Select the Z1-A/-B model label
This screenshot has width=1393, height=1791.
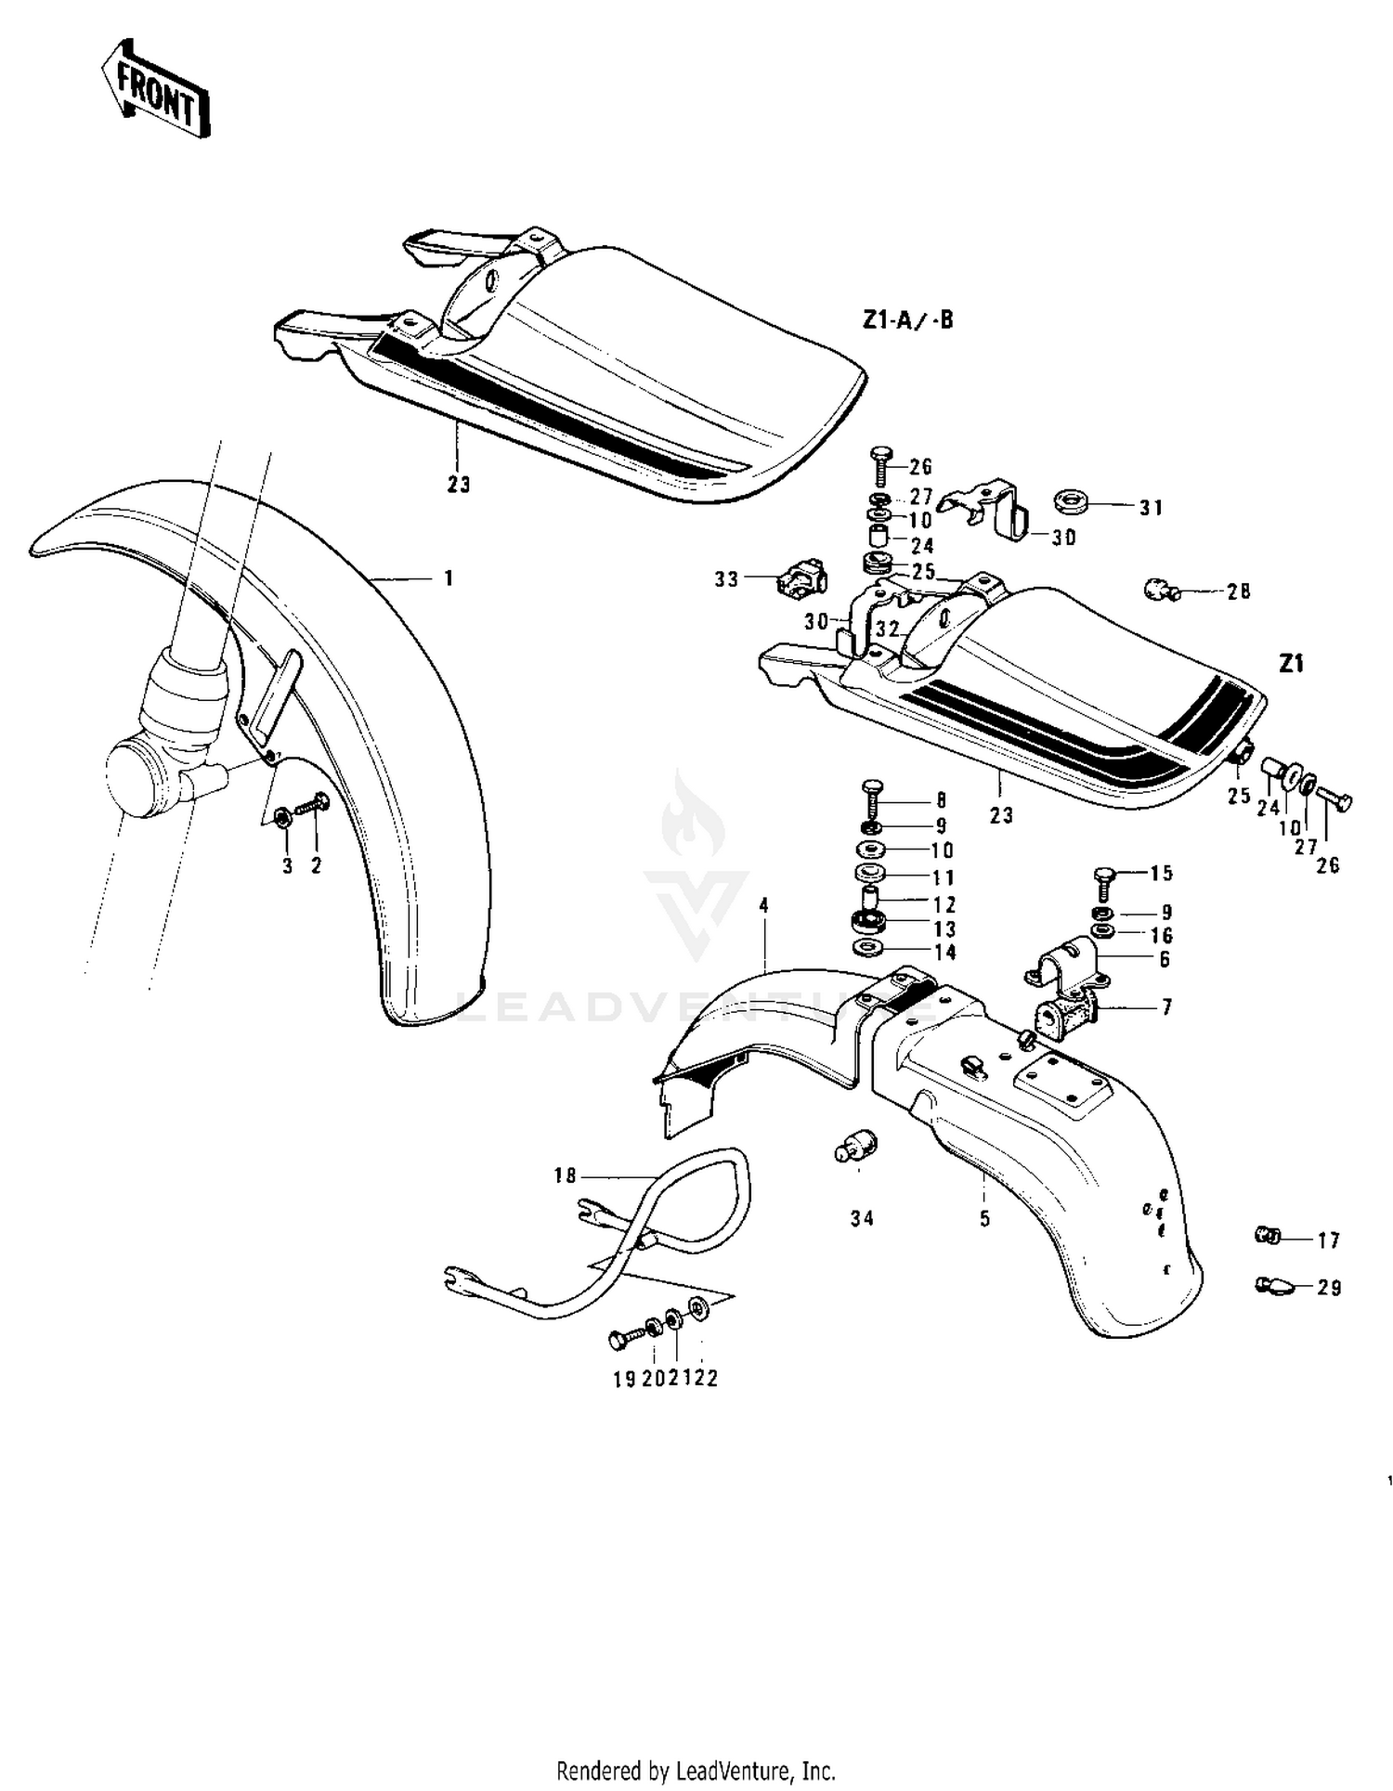[x=907, y=321]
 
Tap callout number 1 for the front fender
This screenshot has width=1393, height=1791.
[x=449, y=578]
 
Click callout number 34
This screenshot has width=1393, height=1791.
[x=862, y=1218]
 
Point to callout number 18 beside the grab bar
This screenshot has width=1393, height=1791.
[x=565, y=1175]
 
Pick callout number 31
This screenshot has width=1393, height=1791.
[x=1151, y=508]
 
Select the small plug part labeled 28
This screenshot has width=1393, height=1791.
[x=1159, y=589]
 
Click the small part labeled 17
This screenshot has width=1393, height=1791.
[x=1268, y=1236]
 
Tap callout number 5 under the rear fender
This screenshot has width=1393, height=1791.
[x=984, y=1218]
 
